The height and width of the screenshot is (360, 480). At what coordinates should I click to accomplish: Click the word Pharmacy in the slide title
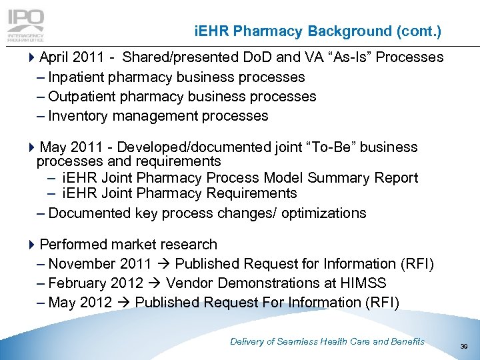[x=271, y=31]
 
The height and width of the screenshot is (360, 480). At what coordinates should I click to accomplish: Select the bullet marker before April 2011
[x=34, y=57]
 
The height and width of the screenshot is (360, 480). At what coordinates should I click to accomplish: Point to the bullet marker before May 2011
[x=34, y=147]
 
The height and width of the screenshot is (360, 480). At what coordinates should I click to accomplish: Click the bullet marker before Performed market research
[x=34, y=245]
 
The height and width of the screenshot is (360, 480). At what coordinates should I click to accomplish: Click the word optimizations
[x=319, y=213]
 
